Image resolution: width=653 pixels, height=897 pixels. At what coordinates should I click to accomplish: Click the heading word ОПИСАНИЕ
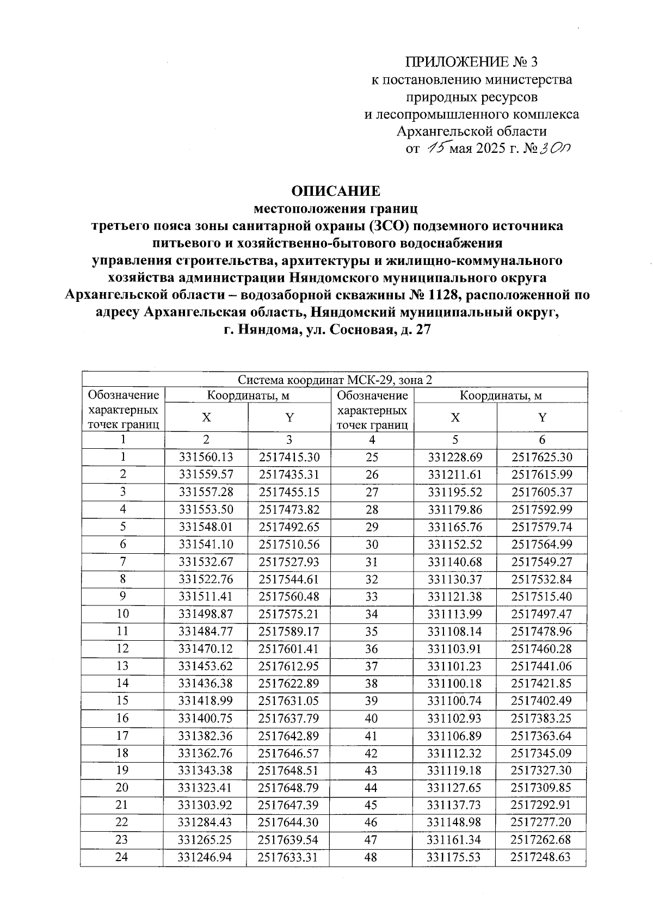pyautogui.click(x=336, y=191)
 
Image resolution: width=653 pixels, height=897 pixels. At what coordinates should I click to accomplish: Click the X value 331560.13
pyautogui.click(x=206, y=457)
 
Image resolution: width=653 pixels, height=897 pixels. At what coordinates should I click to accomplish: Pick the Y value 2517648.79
pyautogui.click(x=289, y=788)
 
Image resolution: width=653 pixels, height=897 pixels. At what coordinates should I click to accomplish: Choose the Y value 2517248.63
pyautogui.click(x=541, y=857)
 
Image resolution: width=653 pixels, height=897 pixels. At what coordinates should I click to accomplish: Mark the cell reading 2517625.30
pyautogui.click(x=541, y=457)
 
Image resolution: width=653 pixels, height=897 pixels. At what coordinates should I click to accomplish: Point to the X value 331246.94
pyautogui.click(x=206, y=857)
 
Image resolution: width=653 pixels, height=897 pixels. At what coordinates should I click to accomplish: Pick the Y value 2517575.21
pyautogui.click(x=289, y=614)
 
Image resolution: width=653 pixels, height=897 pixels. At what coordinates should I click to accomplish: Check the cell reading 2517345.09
pyautogui.click(x=541, y=753)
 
